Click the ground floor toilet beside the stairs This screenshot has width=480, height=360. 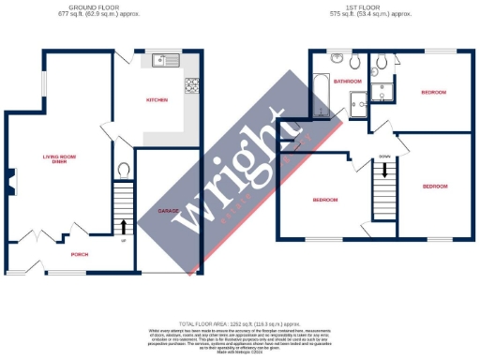124,170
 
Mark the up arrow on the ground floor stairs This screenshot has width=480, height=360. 124,225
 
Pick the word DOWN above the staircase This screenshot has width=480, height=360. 384,157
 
